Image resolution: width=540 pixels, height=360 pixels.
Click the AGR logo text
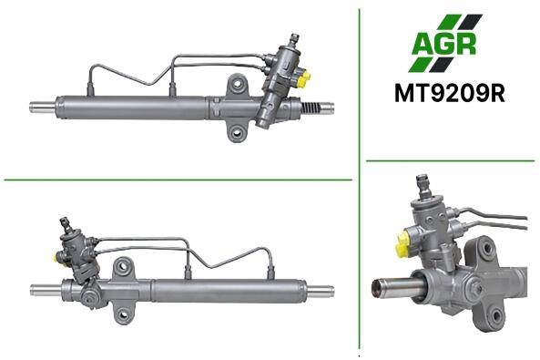pyautogui.click(x=443, y=44)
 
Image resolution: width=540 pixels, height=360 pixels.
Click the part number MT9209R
pyautogui.click(x=450, y=94)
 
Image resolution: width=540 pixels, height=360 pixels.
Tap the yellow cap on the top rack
pyautogui.click(x=303, y=79)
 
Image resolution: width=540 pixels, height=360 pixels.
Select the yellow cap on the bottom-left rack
pyautogui.click(x=56, y=258)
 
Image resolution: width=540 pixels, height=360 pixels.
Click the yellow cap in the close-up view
pyautogui.click(x=403, y=245)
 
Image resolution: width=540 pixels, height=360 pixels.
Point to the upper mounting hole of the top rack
pyautogui.click(x=237, y=84)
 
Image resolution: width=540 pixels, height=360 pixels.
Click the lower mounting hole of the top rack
pyautogui.click(x=237, y=132)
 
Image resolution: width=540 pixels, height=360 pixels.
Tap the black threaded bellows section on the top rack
pyautogui.click(x=311, y=108)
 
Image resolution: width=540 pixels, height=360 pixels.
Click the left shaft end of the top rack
pyautogui.click(x=42, y=107)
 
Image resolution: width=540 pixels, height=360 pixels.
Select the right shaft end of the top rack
pyautogui.click(x=328, y=108)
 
